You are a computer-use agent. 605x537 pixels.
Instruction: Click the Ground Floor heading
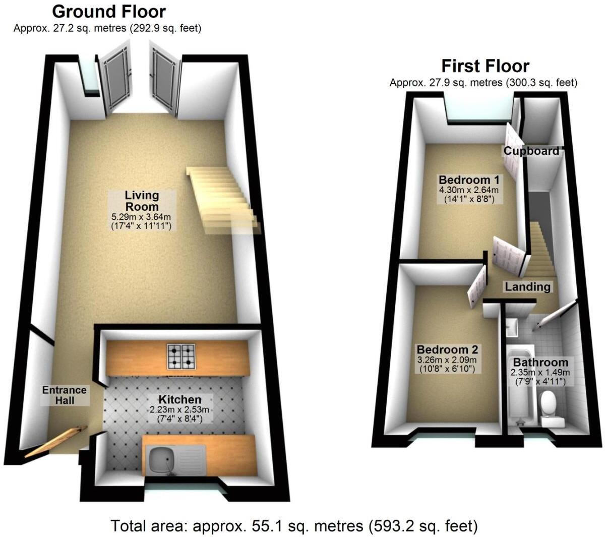[x=108, y=11]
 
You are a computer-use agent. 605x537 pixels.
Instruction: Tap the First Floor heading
[x=485, y=66]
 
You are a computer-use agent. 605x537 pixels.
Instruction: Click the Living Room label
[x=142, y=200]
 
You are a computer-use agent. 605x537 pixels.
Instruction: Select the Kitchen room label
[x=180, y=399]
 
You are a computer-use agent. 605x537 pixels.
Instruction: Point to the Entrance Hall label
[x=64, y=395]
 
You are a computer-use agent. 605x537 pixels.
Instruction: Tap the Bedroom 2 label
[x=447, y=349]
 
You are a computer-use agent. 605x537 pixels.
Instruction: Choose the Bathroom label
[x=540, y=362]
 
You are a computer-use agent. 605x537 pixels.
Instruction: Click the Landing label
[x=527, y=286]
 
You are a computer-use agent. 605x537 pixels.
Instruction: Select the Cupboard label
[x=531, y=151]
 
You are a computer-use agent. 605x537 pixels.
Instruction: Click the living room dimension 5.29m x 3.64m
[x=142, y=217]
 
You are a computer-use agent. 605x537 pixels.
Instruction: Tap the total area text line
[x=294, y=526]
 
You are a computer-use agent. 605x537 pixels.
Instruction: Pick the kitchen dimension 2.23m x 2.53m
[x=180, y=409]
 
